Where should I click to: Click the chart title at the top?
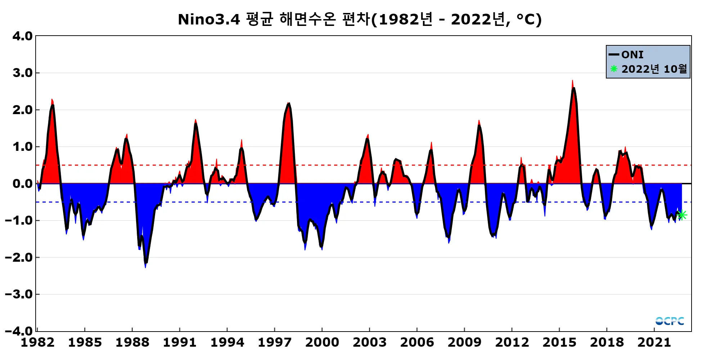click(360, 19)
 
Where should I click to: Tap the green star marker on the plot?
click(682, 215)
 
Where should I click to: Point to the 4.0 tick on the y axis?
click(22, 36)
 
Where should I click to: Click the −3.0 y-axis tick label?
click(19, 294)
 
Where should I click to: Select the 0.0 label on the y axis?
click(22, 184)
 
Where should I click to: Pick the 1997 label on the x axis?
click(274, 342)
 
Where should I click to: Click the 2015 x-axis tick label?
click(559, 342)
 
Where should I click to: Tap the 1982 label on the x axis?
click(37, 342)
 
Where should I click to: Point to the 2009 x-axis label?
click(464, 342)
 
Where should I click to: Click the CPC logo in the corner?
click(670, 321)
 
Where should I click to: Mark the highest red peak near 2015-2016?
click(572, 81)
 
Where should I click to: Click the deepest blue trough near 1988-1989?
click(145, 266)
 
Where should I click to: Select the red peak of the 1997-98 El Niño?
click(288, 103)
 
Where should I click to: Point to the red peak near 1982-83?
click(52, 100)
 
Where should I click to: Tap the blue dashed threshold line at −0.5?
click(396, 202)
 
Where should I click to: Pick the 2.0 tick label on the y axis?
click(22, 110)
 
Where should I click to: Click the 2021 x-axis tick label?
click(654, 342)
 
